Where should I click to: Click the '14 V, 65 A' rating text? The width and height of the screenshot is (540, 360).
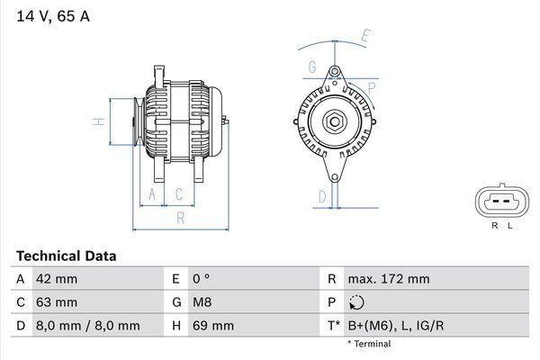[52, 16]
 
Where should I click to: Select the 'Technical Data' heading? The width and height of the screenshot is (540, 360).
[66, 256]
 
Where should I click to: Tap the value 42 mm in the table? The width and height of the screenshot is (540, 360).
[56, 279]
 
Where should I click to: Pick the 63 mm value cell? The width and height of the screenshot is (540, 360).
[56, 302]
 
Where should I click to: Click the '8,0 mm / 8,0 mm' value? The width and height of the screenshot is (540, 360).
[87, 325]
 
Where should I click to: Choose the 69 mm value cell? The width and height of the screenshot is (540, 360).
[211, 325]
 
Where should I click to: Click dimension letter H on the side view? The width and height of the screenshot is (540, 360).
[101, 121]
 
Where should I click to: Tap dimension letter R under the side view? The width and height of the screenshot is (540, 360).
[180, 217]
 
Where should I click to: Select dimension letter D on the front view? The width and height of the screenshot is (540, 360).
[321, 195]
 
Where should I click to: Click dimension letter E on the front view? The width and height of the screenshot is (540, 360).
[365, 36]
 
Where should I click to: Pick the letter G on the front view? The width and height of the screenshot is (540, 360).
[312, 67]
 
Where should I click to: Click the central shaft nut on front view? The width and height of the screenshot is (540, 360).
[334, 121]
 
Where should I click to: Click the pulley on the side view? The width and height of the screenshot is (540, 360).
[136, 121]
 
